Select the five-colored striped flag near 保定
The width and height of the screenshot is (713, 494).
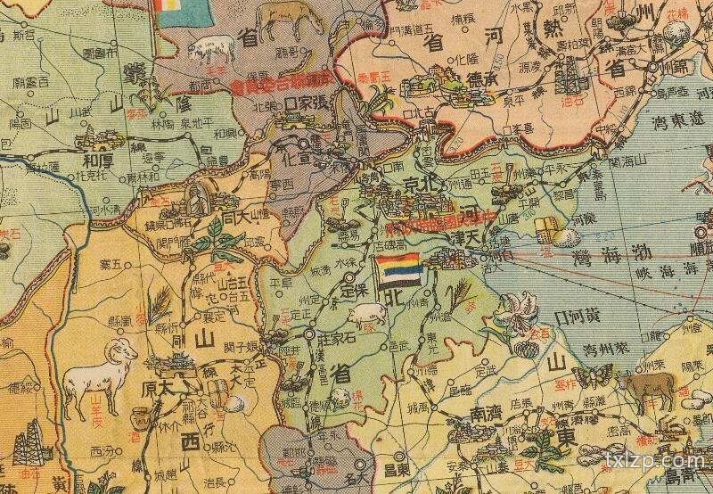click(392, 270)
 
